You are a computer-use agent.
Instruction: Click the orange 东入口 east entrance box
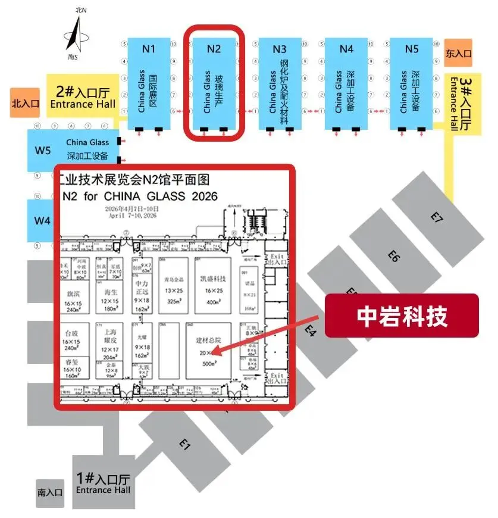coord(458,53)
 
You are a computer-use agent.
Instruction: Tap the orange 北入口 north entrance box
coord(25,102)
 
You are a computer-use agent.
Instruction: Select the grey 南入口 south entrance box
coord(50,492)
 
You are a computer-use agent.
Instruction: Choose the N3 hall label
coord(280,49)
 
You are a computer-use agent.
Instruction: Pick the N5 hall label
coord(412,49)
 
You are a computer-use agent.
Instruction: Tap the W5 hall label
coord(42,150)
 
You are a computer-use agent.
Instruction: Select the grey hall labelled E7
coord(437,217)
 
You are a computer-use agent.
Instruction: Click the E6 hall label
coord(393,255)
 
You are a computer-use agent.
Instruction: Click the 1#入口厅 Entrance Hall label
coord(103,482)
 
